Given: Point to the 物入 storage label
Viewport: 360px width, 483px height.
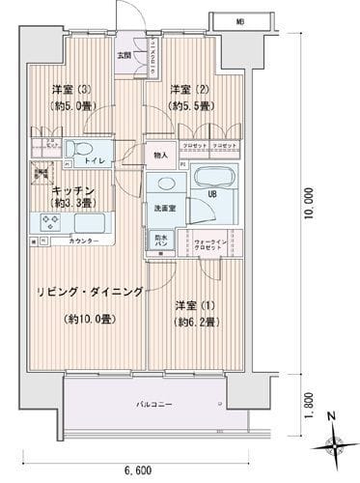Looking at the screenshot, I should click(160, 155).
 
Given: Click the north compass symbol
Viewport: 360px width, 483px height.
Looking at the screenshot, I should click(333, 442).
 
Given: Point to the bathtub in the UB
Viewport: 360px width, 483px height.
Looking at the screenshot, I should click(212, 177).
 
